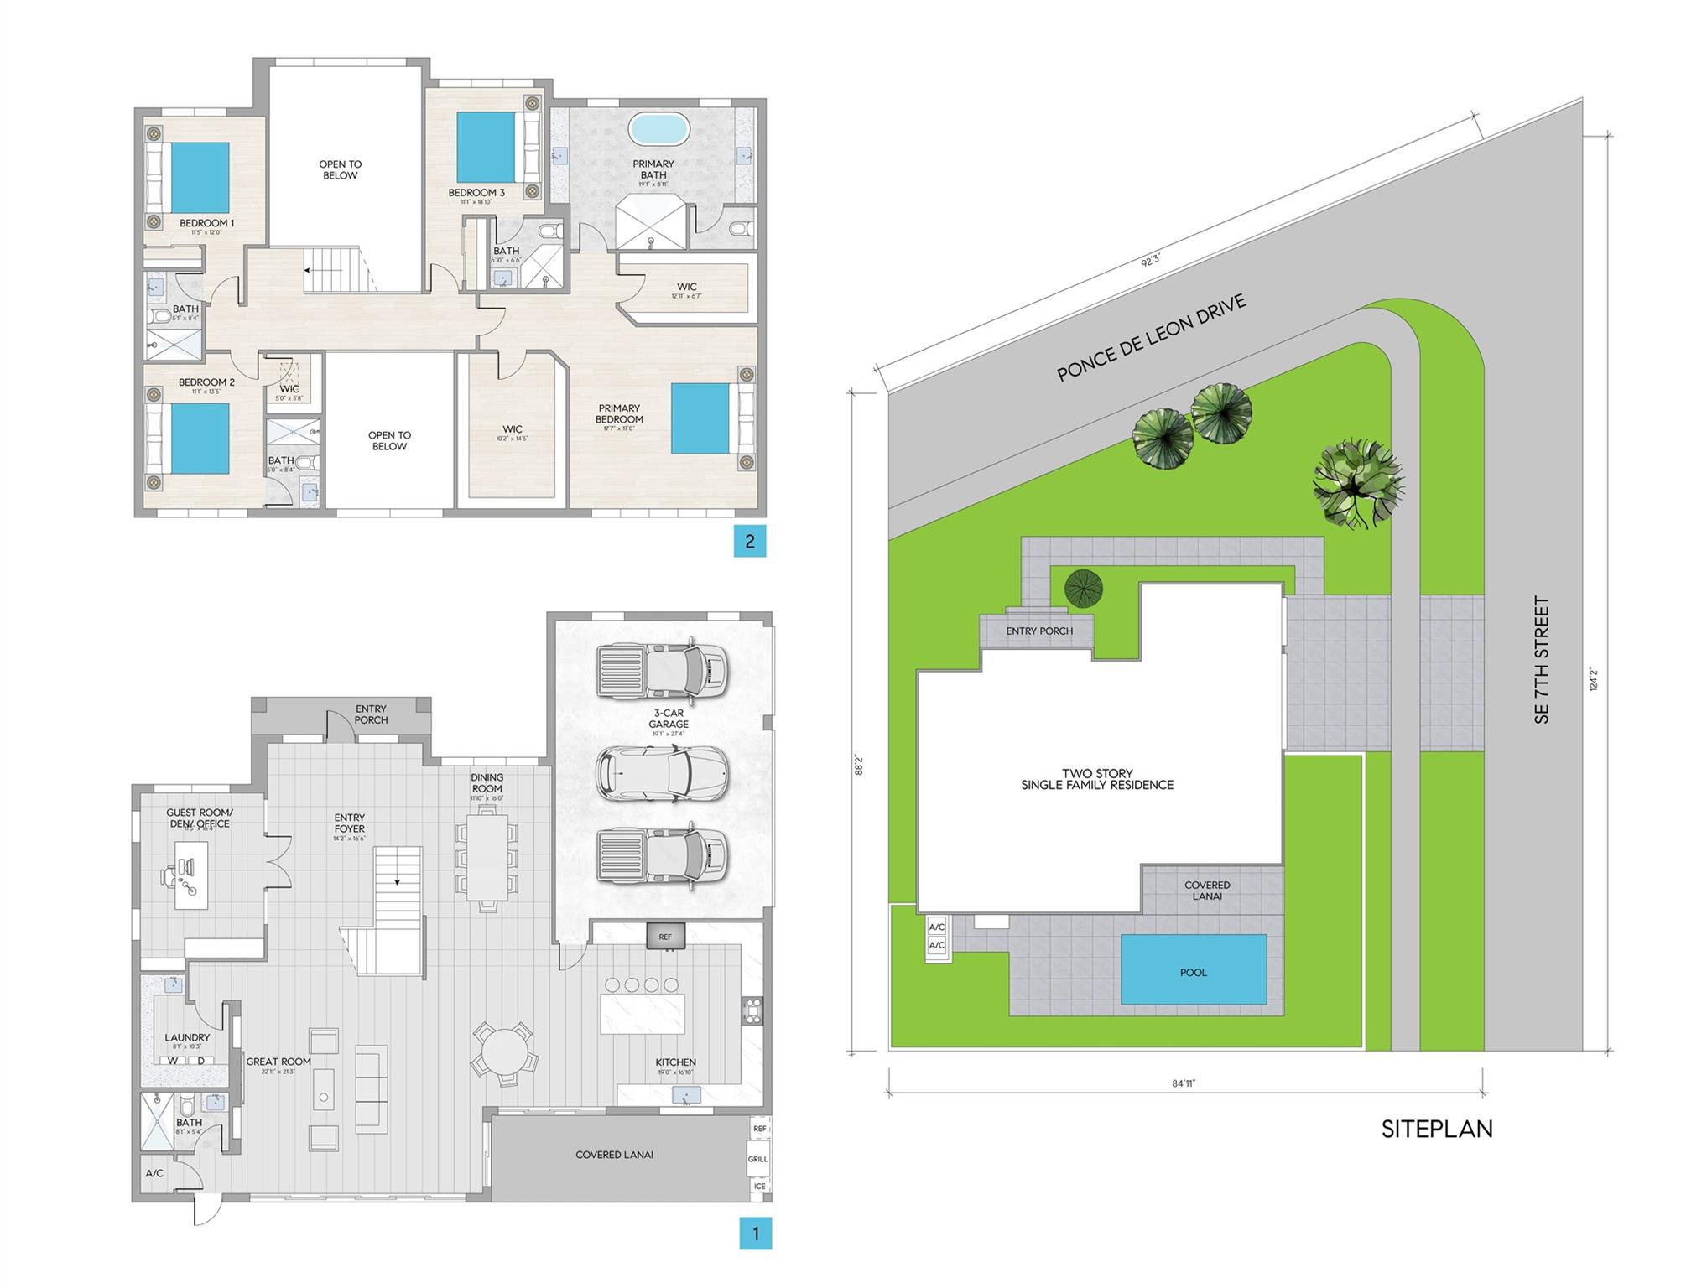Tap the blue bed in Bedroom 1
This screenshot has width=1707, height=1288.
pos(200,177)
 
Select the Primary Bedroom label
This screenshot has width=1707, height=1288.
pos(619,414)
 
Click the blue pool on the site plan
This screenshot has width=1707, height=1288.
pos(1193,969)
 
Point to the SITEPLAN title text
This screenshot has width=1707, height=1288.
pos(1436,1129)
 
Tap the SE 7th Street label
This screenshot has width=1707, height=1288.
pos(1541,659)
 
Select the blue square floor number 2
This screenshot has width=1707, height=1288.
pos(749,542)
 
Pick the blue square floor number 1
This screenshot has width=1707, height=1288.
pos(755,1233)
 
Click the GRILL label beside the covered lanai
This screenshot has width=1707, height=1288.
pos(757,1159)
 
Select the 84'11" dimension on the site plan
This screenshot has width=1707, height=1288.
pos(1183,1083)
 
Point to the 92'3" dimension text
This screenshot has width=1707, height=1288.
pos(1150,260)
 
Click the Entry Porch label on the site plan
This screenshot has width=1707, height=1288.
pos(1038,631)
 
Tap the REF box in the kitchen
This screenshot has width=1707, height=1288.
pos(665,937)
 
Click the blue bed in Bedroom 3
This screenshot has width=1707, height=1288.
pos(486,148)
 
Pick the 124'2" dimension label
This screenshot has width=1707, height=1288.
pos(1593,678)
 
